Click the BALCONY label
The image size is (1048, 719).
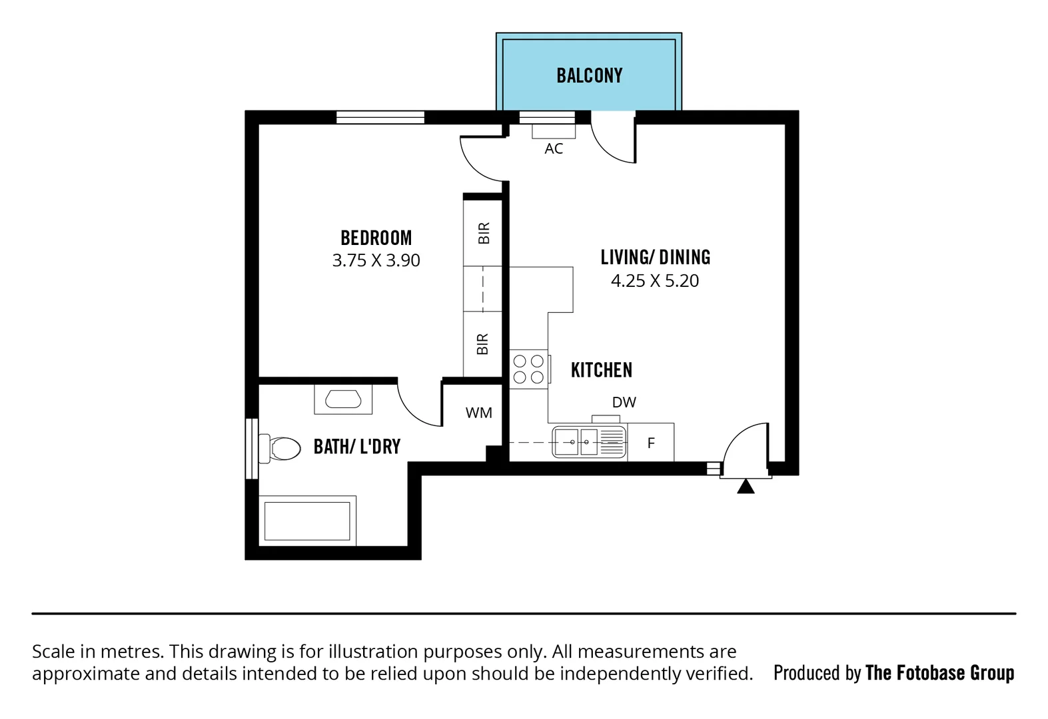[589, 76]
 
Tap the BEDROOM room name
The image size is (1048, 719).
[376, 238]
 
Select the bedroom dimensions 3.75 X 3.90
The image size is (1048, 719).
[376, 260]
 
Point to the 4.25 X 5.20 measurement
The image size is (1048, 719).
[655, 280]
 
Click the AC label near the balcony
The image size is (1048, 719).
[554, 148]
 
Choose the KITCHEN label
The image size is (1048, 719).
[601, 370]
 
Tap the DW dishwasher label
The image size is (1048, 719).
[624, 402]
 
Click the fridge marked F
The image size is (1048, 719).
[651, 442]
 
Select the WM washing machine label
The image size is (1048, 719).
[478, 413]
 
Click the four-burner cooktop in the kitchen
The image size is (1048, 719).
[529, 369]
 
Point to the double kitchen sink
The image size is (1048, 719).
[589, 442]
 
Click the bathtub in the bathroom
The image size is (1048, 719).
[307, 521]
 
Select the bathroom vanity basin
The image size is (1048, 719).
[343, 399]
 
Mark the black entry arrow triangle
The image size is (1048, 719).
[746, 487]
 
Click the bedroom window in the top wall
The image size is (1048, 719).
[380, 117]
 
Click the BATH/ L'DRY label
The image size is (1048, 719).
[357, 447]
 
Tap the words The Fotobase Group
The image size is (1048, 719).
[940, 672]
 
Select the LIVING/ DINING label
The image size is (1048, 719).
[656, 258]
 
